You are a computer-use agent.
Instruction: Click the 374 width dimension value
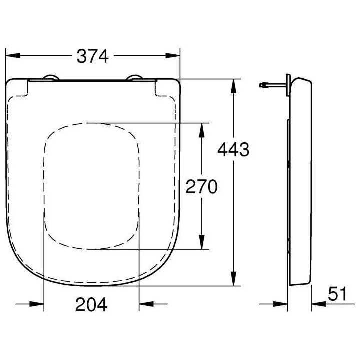coord(92,56)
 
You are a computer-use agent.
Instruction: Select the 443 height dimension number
coord(233,149)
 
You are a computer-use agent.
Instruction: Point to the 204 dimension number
coord(91,304)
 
